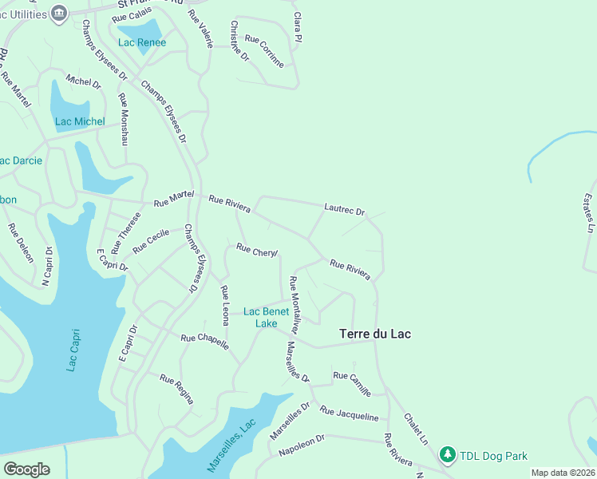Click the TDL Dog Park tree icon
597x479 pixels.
448,455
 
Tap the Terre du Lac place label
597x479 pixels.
375,334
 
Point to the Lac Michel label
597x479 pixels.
80,121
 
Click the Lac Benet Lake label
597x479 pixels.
266,317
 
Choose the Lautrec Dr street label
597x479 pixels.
344,210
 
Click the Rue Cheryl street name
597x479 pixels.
257,251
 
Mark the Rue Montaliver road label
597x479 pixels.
294,305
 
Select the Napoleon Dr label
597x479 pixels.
302,446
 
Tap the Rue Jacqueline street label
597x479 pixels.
349,413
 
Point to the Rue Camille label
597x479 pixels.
352,383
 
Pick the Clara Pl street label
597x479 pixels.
298,27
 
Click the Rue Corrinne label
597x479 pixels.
264,51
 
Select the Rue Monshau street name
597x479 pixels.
123,119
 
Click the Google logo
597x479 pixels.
26,469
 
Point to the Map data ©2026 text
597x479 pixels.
563,473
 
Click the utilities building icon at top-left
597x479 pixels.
58,13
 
